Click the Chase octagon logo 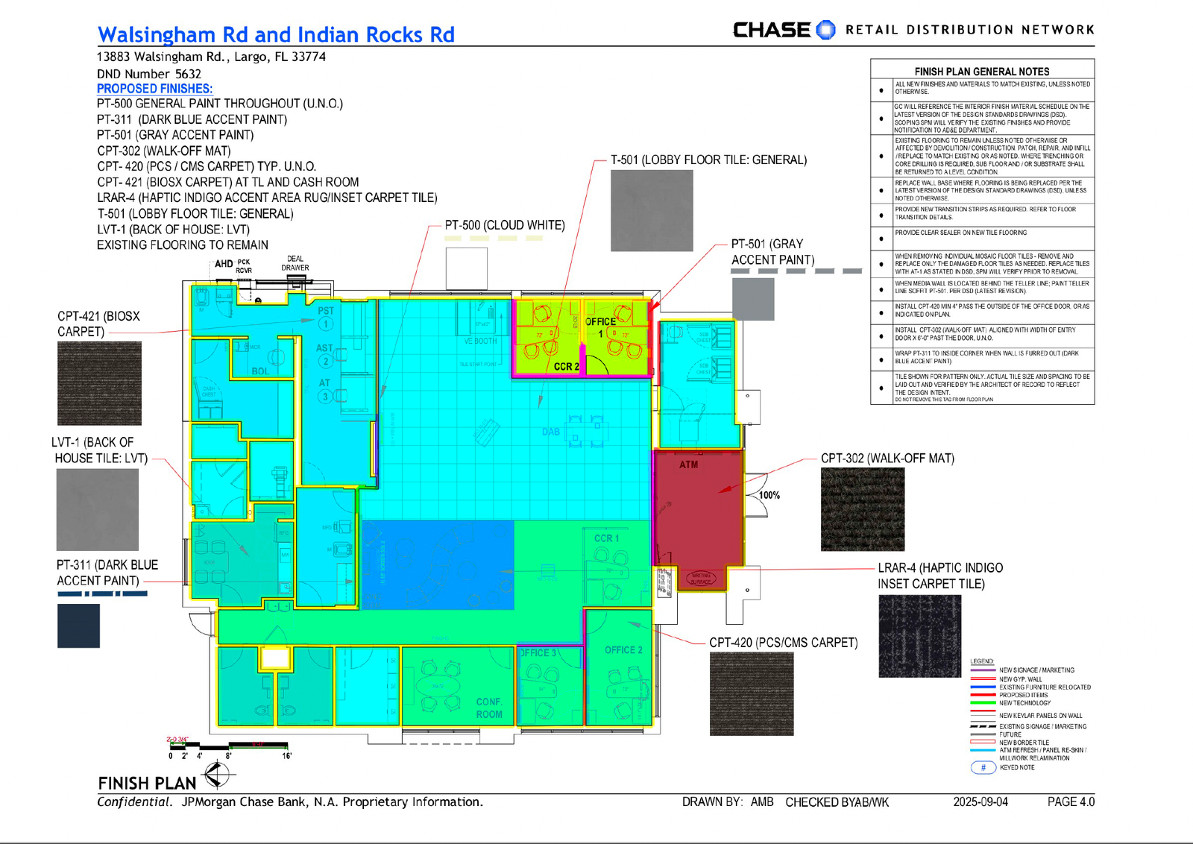click(825, 30)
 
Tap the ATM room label click(688, 464)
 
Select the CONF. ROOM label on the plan click(489, 708)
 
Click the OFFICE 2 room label click(623, 650)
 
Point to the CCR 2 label click(566, 367)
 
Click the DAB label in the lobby click(550, 432)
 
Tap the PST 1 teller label click(326, 317)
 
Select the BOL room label click(259, 371)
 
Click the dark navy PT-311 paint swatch click(78, 626)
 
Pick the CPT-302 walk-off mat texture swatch click(862, 509)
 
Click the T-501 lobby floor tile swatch click(652, 210)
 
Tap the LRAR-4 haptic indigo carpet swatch click(919, 636)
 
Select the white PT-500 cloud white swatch click(467, 268)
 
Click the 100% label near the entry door click(769, 495)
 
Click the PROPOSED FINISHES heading click(154, 88)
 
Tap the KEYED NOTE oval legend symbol click(983, 767)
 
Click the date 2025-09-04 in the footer click(980, 802)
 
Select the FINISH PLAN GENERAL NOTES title click(981, 72)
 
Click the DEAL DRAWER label click(295, 263)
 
